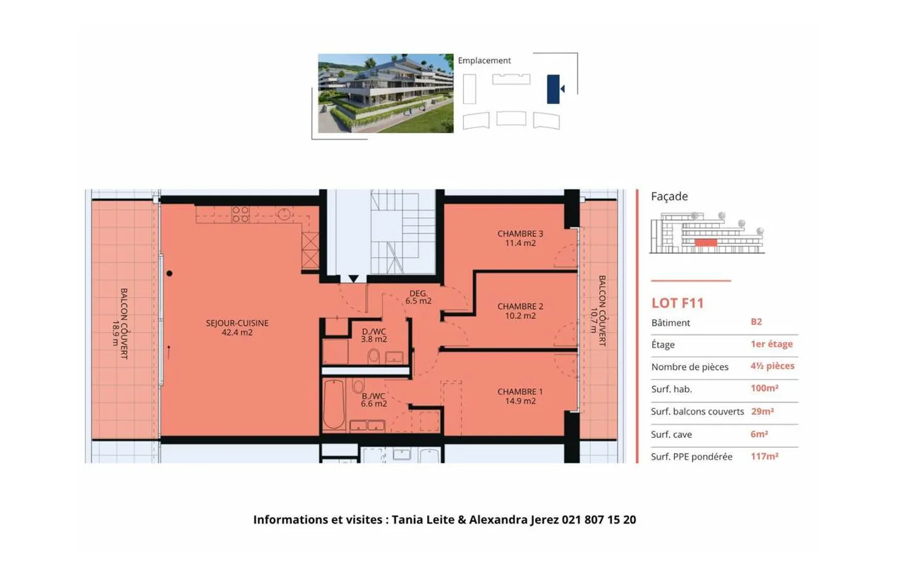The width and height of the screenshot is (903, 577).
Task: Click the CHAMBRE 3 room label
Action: [x=520, y=238]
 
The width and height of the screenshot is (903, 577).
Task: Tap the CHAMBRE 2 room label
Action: [x=520, y=311]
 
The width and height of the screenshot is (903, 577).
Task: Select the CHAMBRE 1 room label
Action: [x=520, y=396]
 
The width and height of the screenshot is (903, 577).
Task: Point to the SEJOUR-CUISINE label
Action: [x=237, y=327]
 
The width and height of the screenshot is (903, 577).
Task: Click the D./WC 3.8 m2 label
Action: [x=374, y=335]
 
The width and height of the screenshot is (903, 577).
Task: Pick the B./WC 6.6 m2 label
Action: [x=374, y=400]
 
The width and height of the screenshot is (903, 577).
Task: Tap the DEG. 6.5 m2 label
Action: [x=418, y=297]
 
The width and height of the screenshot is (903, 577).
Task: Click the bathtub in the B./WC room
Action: [x=334, y=404]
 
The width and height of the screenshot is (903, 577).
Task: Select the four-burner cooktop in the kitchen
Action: [x=241, y=214]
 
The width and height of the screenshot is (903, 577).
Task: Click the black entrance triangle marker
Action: [x=354, y=278]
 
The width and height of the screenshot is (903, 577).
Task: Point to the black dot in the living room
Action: [x=170, y=273]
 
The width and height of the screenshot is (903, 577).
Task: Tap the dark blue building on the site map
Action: [x=553, y=89]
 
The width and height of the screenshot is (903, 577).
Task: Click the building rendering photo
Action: [x=386, y=93]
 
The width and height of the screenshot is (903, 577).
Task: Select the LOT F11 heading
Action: [x=678, y=303]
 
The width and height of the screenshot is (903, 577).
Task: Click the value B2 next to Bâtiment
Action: [x=756, y=322]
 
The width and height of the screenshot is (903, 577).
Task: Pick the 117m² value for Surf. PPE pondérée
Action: [x=764, y=456]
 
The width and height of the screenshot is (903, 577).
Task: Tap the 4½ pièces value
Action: [x=773, y=366]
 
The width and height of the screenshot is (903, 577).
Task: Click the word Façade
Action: [x=669, y=196]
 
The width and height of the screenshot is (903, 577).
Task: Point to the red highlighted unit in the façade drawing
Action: [x=705, y=242]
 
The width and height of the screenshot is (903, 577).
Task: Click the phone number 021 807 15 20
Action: [x=599, y=520]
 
